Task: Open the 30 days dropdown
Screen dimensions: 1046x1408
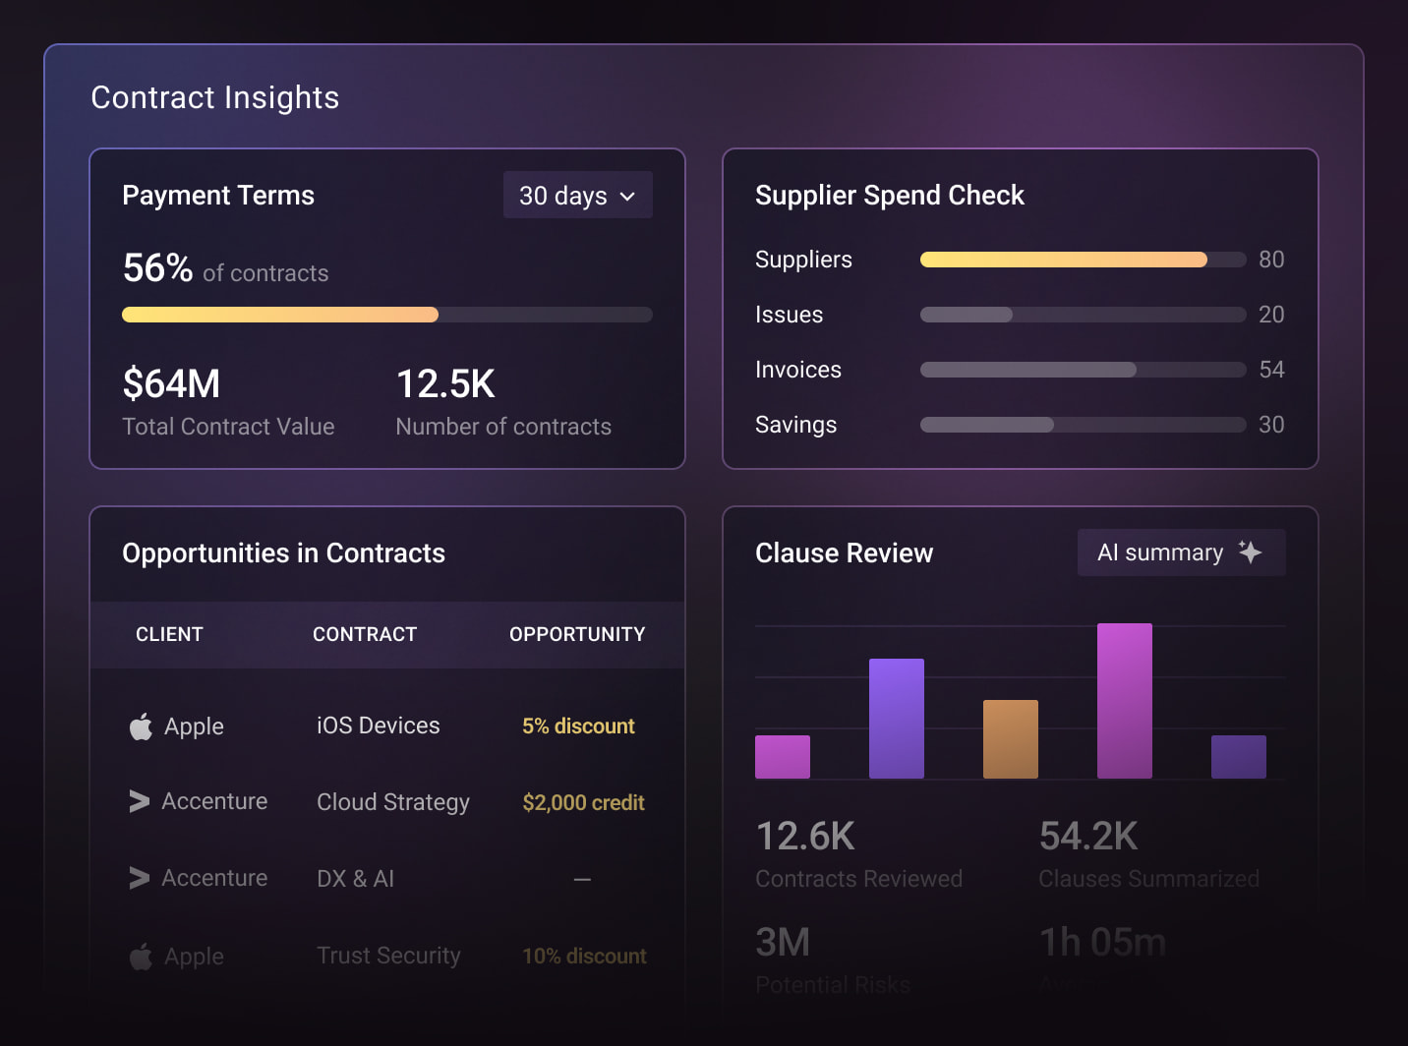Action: [577, 196]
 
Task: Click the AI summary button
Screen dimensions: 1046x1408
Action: [1180, 552]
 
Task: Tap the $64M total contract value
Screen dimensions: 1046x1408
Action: [171, 383]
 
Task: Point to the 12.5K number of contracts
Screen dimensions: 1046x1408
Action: [445, 383]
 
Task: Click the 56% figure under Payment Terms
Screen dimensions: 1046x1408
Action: [157, 268]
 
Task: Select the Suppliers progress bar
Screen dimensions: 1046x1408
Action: [1082, 260]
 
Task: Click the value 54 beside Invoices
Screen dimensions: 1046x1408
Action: [1271, 370]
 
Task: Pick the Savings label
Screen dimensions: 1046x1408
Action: [795, 425]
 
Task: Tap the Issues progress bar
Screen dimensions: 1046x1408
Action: [1082, 315]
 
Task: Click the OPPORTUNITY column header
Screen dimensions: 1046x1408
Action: [577, 634]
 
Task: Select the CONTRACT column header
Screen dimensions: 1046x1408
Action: [365, 634]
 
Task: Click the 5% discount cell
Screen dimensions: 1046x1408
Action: [578, 726]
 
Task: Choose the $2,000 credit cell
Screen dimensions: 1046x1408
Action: [583, 802]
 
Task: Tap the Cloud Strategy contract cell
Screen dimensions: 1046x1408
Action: [392, 802]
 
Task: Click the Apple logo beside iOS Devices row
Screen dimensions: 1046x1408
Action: [141, 726]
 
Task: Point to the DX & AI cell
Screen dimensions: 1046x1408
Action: [355, 879]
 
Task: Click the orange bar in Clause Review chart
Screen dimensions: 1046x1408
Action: [1010, 739]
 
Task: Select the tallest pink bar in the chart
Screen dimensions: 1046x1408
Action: [1124, 701]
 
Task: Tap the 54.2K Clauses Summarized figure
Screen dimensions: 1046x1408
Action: [1087, 837]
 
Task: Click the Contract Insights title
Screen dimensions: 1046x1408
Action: [214, 97]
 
